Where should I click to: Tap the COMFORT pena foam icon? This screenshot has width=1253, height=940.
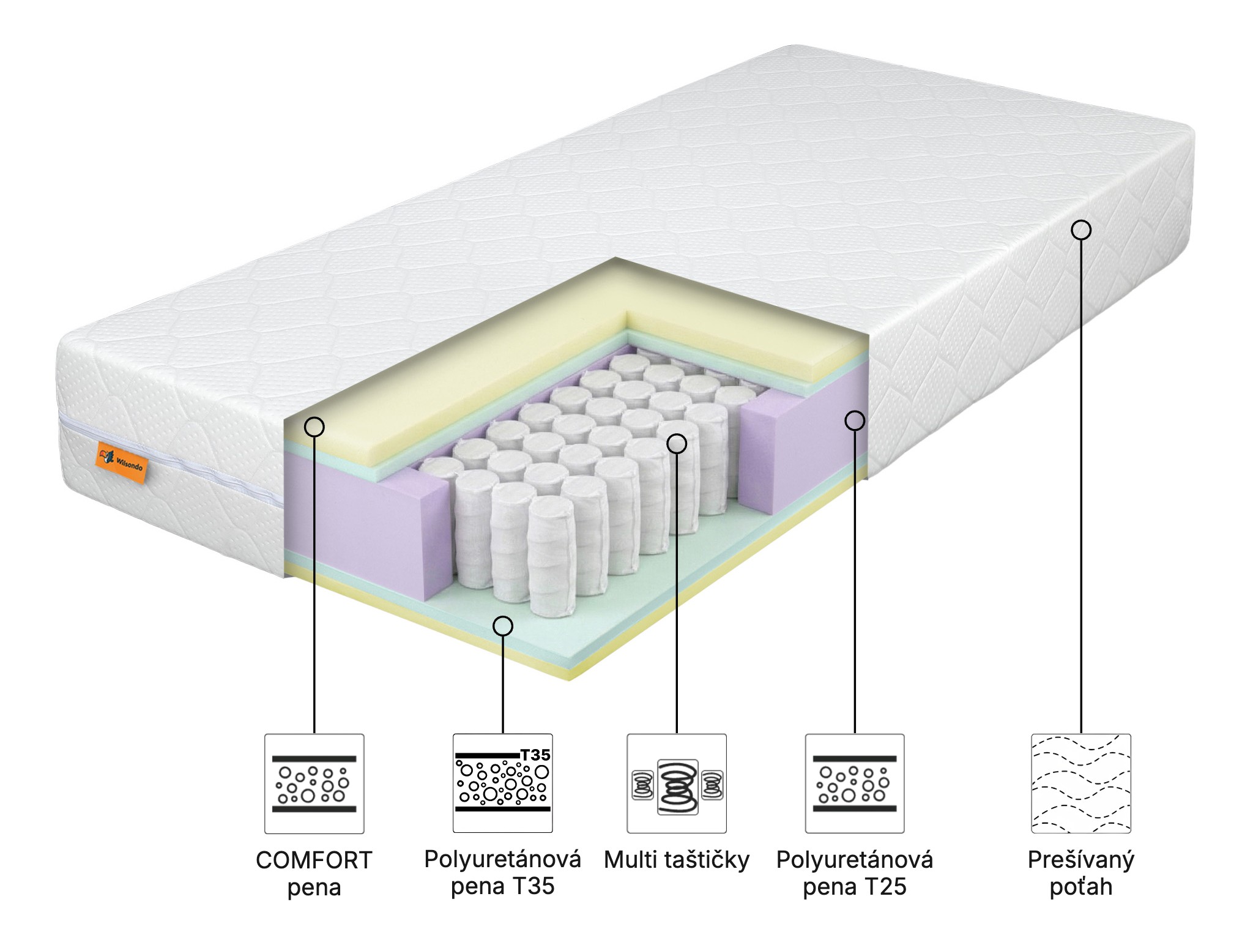coord(314,784)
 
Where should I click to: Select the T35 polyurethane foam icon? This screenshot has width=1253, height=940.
coord(502,783)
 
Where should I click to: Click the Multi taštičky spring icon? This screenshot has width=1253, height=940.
coord(677,784)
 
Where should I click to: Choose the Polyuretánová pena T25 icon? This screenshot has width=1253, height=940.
coord(855,784)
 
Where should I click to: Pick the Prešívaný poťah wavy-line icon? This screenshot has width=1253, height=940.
coord(1081,784)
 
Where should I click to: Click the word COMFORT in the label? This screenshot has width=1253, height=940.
coord(314,860)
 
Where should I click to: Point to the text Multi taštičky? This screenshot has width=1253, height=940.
coord(677,860)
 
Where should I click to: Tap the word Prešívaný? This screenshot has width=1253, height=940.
coord(1081,860)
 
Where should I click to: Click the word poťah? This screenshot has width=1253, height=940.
coord(1081,887)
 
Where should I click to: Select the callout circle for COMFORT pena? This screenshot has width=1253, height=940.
coord(314,427)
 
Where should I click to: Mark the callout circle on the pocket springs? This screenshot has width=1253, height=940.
coord(677,444)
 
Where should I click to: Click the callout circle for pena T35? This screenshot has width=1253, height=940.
coord(503,625)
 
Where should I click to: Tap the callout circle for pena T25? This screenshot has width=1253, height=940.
coord(855,420)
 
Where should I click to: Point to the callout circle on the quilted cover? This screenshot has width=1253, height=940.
coord(1081,230)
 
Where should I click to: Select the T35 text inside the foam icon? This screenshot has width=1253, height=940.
coord(535,755)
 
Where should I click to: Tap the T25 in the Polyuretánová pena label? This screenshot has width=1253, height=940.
coord(885,887)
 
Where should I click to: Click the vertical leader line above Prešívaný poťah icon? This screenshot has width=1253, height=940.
coord(1081,490)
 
